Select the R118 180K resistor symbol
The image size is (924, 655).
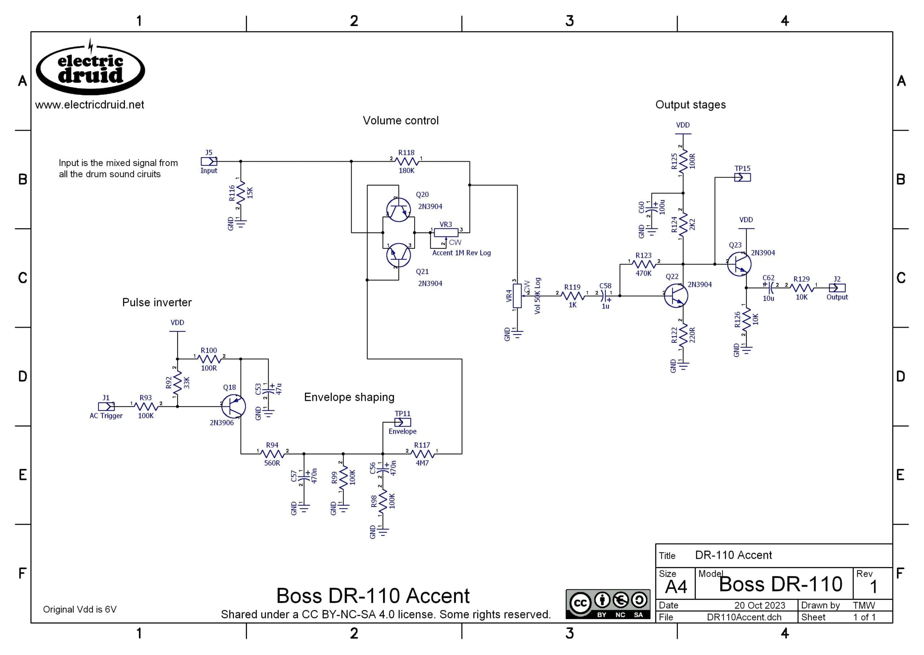pyautogui.click(x=406, y=162)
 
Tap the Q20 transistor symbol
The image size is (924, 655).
pyautogui.click(x=398, y=210)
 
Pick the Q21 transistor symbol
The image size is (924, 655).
pyautogui.click(x=398, y=255)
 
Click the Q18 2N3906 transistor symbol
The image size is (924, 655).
pyautogui.click(x=234, y=407)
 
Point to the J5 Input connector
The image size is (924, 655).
pyautogui.click(x=209, y=162)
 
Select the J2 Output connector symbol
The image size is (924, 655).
pyautogui.click(x=837, y=288)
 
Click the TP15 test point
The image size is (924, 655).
pyautogui.click(x=742, y=178)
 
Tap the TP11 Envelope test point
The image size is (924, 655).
pyautogui.click(x=402, y=423)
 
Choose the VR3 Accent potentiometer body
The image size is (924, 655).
pyautogui.click(x=446, y=233)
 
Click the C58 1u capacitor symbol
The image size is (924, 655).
pyautogui.click(x=605, y=296)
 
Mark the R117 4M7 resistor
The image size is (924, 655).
pyautogui.click(x=422, y=454)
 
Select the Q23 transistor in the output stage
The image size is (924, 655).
pyautogui.click(x=739, y=264)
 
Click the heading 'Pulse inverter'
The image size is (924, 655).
pyautogui.click(x=157, y=302)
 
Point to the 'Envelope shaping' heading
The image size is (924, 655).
pyautogui.click(x=349, y=397)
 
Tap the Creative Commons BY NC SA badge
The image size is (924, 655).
pyautogui.click(x=608, y=604)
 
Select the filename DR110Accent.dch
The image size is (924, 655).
pyautogui.click(x=744, y=617)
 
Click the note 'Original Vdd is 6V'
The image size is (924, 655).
pyautogui.click(x=80, y=610)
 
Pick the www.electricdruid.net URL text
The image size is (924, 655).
pyautogui.click(x=90, y=105)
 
